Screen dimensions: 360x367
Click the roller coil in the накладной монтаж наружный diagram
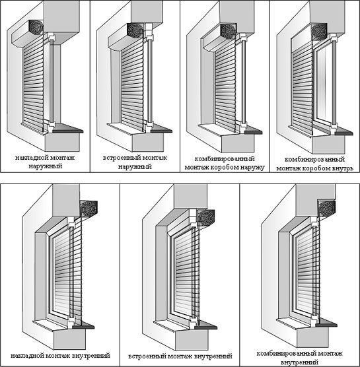point(36,27)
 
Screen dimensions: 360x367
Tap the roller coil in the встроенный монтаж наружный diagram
point(135,30)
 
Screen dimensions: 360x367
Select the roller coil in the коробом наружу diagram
point(228,32)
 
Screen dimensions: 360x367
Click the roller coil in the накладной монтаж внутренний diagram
point(89,209)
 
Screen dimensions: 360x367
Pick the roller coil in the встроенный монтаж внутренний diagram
point(206,218)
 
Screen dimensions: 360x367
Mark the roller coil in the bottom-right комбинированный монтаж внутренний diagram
point(326,209)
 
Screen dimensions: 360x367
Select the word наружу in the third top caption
point(253,168)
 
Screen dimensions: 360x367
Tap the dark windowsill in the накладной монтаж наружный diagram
point(67,128)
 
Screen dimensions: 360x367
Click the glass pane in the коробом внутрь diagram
point(324,84)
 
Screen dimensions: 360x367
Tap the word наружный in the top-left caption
point(46,166)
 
